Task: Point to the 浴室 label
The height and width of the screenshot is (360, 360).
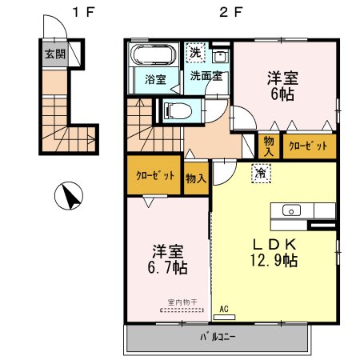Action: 155,79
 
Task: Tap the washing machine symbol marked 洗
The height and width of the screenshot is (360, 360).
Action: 194,53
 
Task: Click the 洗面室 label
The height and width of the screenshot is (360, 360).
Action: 206,78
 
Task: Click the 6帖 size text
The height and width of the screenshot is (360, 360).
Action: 282,93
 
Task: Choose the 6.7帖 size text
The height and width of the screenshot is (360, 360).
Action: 166,266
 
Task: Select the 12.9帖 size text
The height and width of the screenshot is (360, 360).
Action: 275,260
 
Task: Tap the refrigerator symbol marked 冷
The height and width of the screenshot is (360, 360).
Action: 261,171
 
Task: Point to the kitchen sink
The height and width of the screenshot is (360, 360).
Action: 292,210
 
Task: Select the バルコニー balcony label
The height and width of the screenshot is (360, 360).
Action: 217,337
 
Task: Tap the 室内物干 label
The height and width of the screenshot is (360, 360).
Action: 182,302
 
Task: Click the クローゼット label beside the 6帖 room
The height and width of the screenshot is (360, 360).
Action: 307,146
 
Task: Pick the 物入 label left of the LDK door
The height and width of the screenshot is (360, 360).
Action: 194,178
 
